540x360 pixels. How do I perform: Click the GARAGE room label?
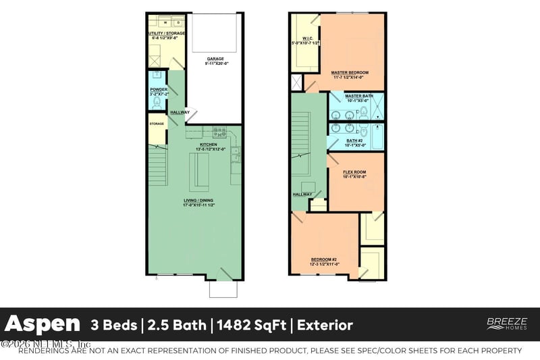pyautogui.click(x=215, y=59)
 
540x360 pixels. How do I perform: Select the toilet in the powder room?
pyautogui.click(x=157, y=102)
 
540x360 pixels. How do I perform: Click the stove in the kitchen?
pyautogui.click(x=219, y=132)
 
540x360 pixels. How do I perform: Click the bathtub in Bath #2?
pyautogui.click(x=375, y=136)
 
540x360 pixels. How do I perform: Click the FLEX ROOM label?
pyautogui.click(x=355, y=173)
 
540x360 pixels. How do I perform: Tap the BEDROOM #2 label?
pyautogui.click(x=324, y=260)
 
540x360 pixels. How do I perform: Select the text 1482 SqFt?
pyautogui.click(x=250, y=326)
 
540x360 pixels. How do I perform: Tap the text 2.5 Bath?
pyautogui.click(x=175, y=326)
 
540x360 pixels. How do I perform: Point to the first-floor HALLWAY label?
pyautogui.click(x=180, y=112)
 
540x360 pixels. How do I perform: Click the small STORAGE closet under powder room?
pyautogui.click(x=157, y=124)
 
